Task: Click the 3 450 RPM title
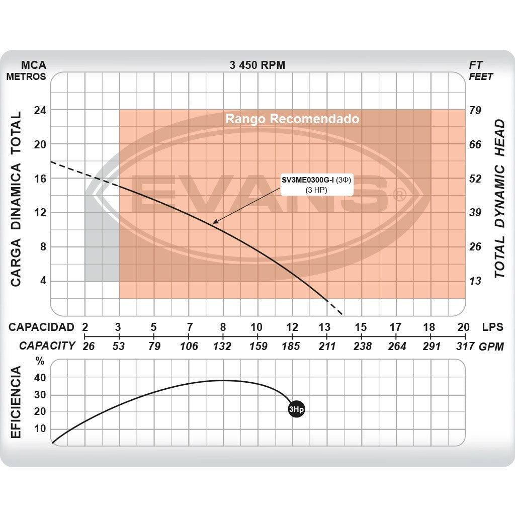(257, 65)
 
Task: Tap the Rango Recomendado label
(292, 119)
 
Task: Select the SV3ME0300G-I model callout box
(316, 185)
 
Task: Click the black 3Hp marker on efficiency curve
(296, 409)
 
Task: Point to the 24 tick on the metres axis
(40, 110)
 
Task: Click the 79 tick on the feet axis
(475, 110)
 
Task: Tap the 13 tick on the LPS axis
(326, 326)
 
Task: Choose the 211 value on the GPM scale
(326, 346)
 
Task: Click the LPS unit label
(492, 326)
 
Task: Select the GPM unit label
(491, 346)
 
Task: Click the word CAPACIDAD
(41, 327)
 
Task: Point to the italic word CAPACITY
(47, 346)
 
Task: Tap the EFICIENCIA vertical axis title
(16, 402)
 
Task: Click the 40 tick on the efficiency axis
(40, 378)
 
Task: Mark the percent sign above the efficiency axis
(40, 361)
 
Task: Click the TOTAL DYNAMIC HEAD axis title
(499, 199)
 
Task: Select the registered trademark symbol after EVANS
(399, 195)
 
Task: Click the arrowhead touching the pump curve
(215, 221)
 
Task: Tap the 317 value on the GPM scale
(464, 346)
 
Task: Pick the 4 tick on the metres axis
(43, 281)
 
